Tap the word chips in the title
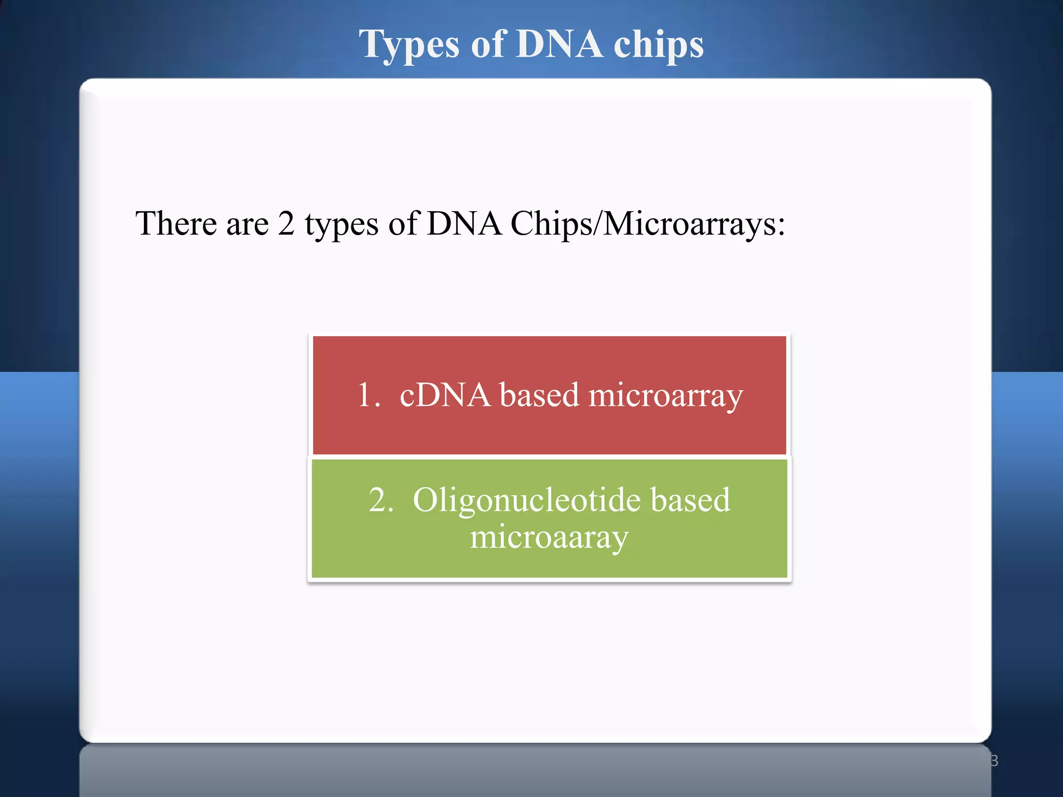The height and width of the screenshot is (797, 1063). [659, 46]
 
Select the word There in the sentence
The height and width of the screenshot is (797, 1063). [176, 224]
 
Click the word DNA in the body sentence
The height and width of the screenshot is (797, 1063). [464, 224]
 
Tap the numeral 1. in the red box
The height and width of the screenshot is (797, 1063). [369, 395]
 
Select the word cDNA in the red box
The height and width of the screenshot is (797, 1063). [445, 395]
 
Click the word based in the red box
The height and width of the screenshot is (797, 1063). [539, 395]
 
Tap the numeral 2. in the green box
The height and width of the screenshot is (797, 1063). [381, 501]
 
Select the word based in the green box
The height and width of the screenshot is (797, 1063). [690, 501]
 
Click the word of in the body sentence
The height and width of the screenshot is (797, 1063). [403, 224]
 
